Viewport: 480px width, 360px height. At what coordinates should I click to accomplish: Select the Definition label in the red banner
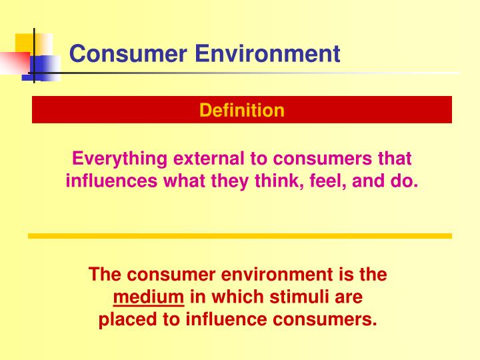[241, 110]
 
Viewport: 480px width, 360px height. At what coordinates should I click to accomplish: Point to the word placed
[123, 319]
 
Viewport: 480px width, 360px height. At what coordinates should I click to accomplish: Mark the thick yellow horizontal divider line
[240, 236]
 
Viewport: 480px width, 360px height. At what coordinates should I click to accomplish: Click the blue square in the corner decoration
[44, 67]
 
